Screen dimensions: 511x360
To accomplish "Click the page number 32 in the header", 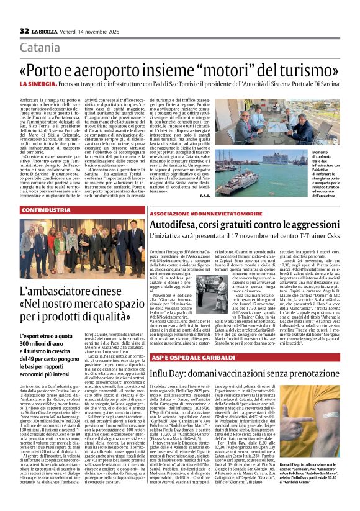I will [25, 30].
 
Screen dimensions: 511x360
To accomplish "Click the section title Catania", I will [40, 48].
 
